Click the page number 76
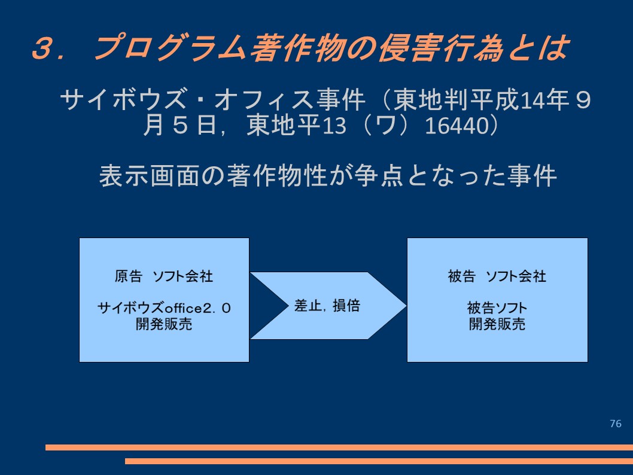click(x=616, y=424)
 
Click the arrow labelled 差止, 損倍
click(x=328, y=306)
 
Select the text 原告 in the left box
click(x=129, y=276)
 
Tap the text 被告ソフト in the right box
click(x=497, y=308)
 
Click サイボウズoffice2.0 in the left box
click(x=164, y=308)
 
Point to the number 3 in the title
click(x=44, y=48)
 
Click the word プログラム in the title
click(x=170, y=48)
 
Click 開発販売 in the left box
click(x=164, y=324)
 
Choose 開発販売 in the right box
click(x=497, y=324)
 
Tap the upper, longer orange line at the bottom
click(x=339, y=447)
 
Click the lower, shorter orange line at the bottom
click(x=379, y=461)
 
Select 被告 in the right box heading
click(x=462, y=276)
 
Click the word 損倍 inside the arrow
click(x=346, y=306)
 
